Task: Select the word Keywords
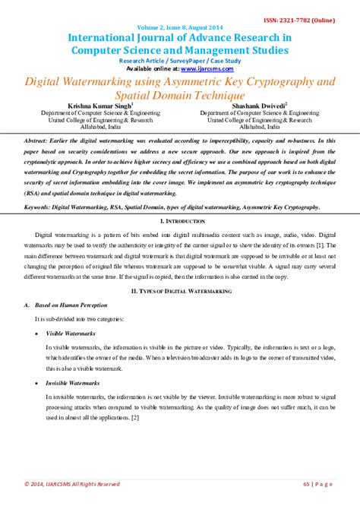pyautogui.click(x=37, y=207)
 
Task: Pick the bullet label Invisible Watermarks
pyautogui.click(x=73, y=384)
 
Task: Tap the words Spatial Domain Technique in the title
pyautogui.click(x=179, y=95)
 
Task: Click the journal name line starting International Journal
pyautogui.click(x=179, y=36)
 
